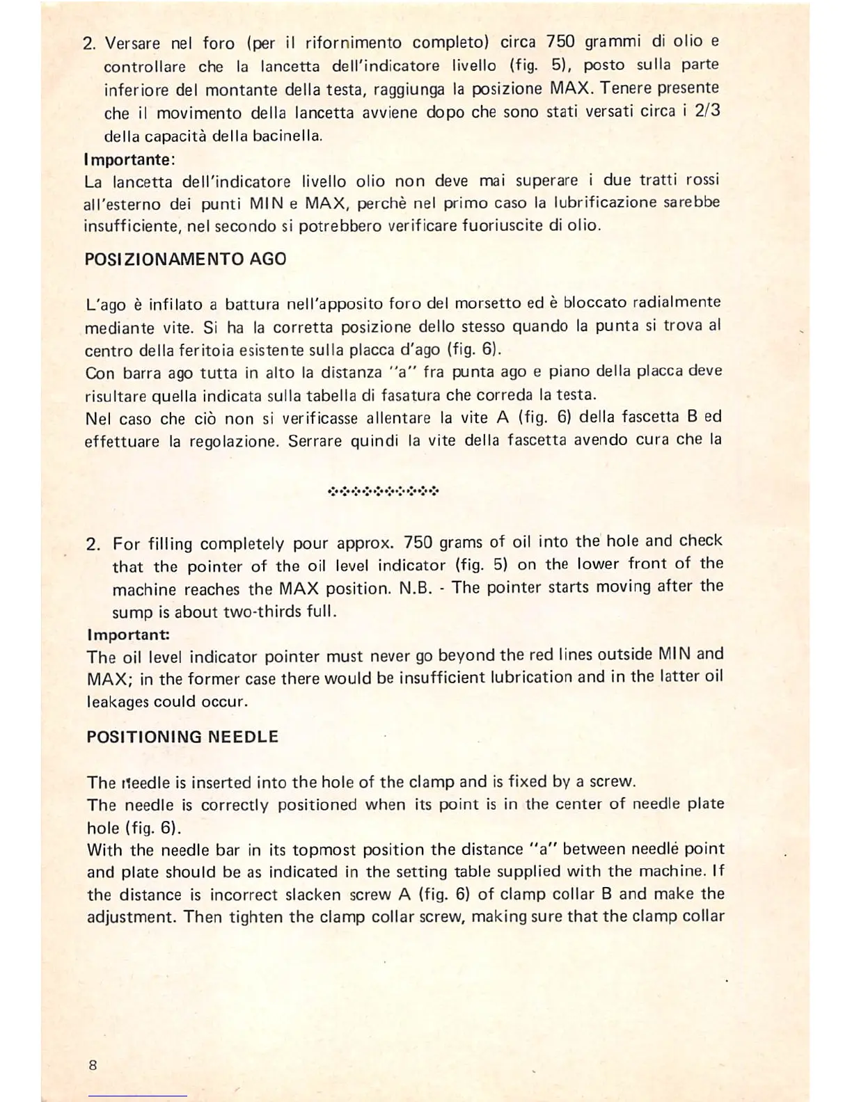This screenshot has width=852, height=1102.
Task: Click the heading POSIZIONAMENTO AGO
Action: tap(185, 259)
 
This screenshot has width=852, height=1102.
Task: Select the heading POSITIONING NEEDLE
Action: tap(182, 737)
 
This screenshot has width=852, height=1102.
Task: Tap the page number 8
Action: tap(93, 1064)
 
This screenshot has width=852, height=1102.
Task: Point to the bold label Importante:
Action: tap(129, 159)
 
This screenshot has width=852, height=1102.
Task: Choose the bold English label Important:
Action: tap(129, 635)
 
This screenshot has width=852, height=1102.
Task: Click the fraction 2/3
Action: tap(707, 111)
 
